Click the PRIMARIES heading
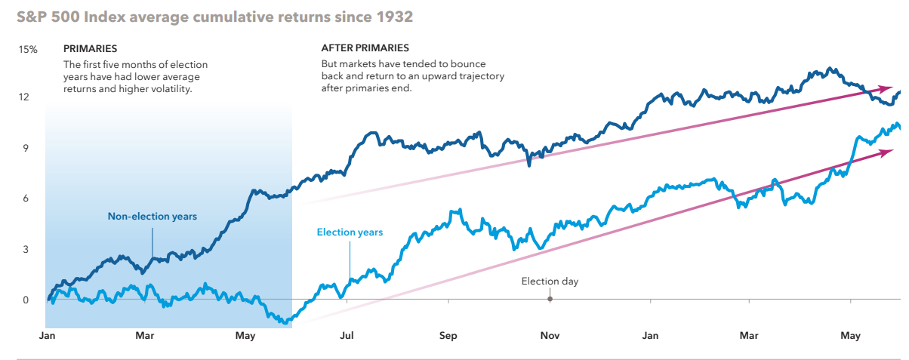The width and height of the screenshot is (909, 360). tap(91, 49)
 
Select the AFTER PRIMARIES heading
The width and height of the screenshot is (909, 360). tap(365, 49)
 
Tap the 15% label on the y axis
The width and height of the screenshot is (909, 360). tap(28, 49)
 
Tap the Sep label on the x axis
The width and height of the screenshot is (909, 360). tap(448, 336)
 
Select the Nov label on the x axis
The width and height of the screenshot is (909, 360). tap(550, 336)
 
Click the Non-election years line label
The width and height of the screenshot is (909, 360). tap(152, 217)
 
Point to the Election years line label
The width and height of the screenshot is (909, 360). tap(350, 232)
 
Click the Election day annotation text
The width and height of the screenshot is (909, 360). tap(550, 282)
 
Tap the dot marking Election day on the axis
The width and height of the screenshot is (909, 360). tap(550, 299)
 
